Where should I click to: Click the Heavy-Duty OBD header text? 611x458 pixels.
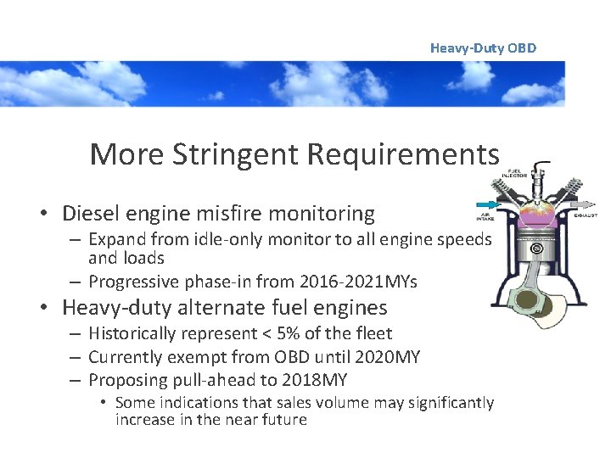(483, 47)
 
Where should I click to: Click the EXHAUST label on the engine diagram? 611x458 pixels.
(586, 215)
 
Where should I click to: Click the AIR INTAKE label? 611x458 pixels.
(485, 217)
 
